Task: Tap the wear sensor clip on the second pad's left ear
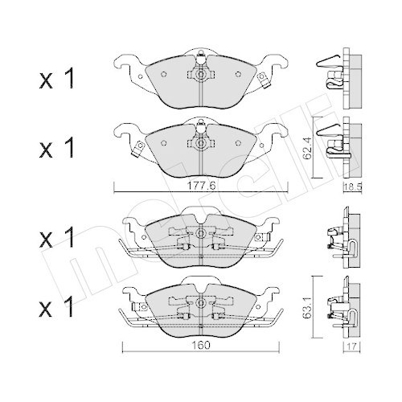[137, 146]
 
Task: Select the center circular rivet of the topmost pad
[198, 74]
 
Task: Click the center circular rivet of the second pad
[198, 143]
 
